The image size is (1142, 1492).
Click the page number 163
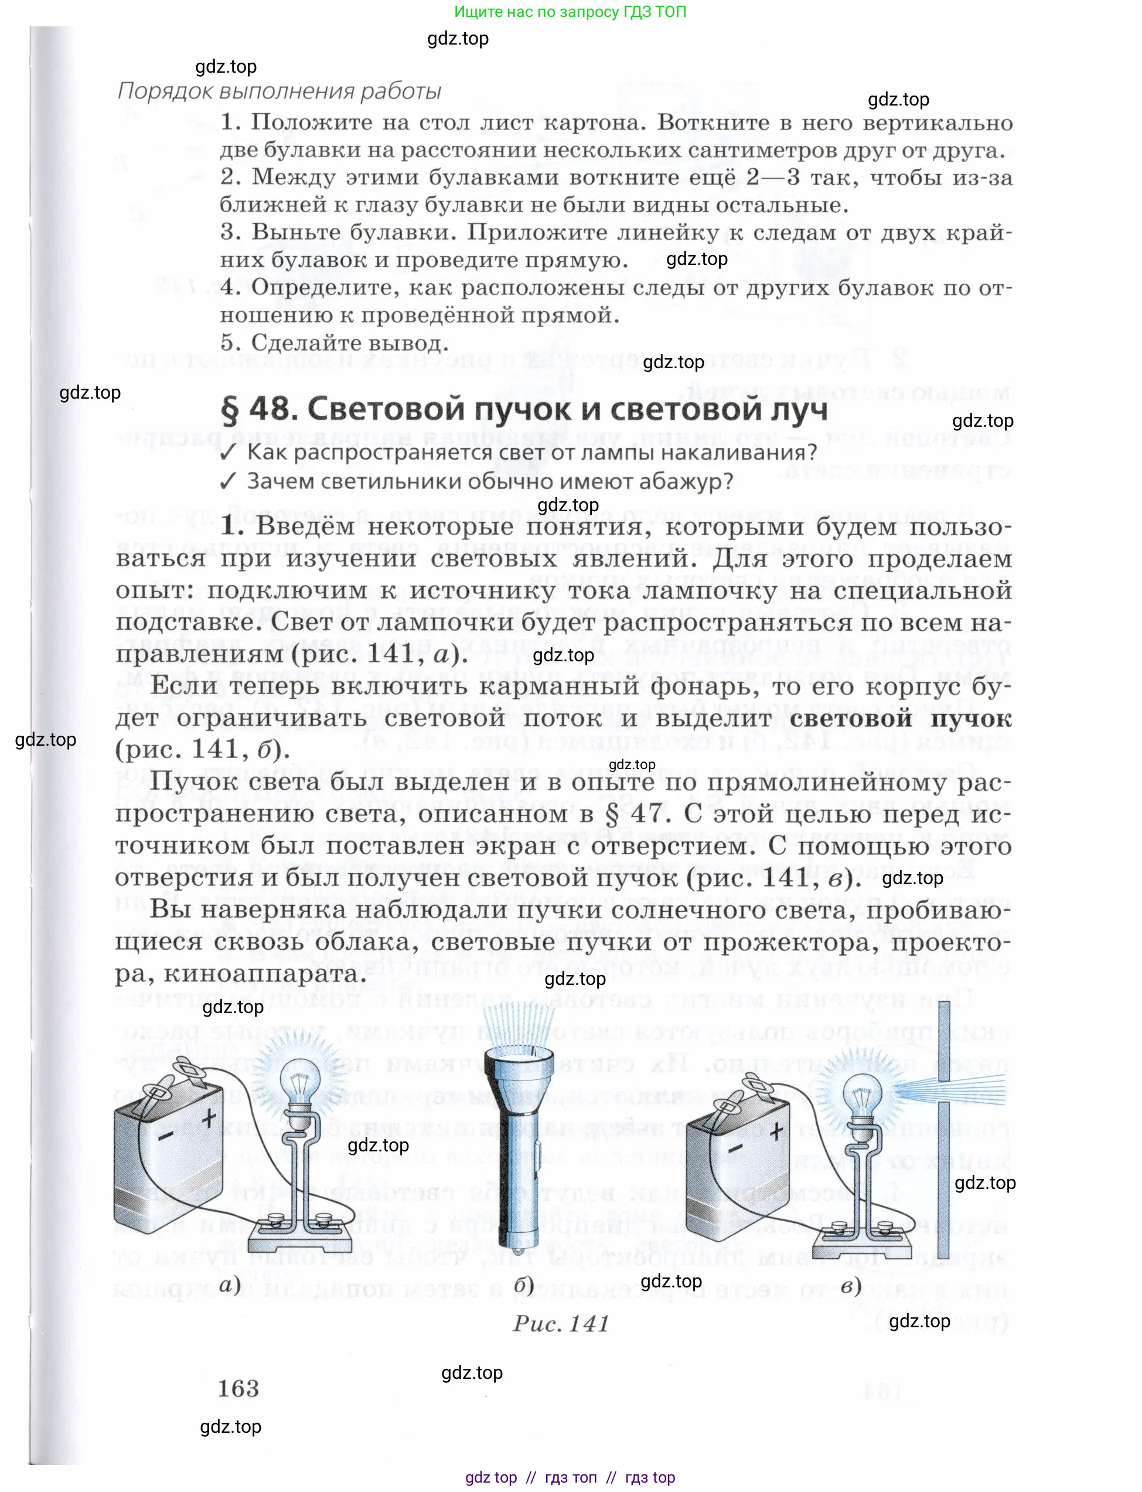click(x=238, y=1388)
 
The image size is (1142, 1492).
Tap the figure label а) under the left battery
click(x=230, y=1284)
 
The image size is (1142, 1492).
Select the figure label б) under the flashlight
click(x=523, y=1284)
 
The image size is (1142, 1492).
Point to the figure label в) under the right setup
click(x=851, y=1284)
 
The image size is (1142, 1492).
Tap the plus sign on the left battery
click(x=209, y=1117)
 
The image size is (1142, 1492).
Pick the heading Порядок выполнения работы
click(x=279, y=91)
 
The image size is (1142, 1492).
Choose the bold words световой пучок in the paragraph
click(x=900, y=718)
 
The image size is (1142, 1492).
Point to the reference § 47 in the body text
click(x=639, y=813)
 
